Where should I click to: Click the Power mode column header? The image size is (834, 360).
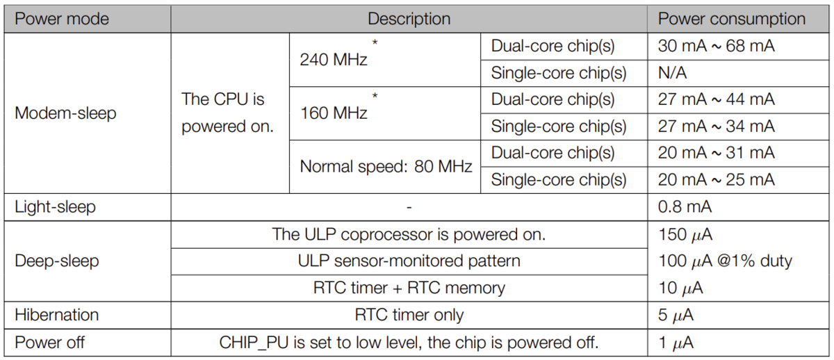coord(62,19)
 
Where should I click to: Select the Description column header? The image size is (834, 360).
coord(409,19)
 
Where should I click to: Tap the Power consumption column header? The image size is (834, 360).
coord(732,19)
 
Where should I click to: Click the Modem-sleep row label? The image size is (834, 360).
coord(65,113)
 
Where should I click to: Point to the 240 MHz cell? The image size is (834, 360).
coord(334,60)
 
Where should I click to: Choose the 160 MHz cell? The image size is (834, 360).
coord(334,113)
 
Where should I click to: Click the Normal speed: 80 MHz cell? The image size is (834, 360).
coord(386,166)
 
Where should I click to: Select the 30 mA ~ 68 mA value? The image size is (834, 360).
coord(717,46)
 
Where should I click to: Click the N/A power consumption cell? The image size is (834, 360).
coord(673,73)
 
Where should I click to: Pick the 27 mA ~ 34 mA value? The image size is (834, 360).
coord(717,126)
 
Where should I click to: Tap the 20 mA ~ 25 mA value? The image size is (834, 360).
coord(717,180)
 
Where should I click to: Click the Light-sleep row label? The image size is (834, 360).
coord(55,207)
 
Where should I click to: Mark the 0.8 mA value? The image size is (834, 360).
coord(685,207)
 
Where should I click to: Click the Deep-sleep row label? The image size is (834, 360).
coord(57,261)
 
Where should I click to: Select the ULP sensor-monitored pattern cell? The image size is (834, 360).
coord(409,261)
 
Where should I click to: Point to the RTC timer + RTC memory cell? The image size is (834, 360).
coord(409,288)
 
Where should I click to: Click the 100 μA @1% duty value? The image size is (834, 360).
coord(726,261)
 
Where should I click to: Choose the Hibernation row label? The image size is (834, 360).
coord(56,315)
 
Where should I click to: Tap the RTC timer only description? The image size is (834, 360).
coord(409,316)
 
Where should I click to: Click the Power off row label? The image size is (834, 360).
coord(49,343)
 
